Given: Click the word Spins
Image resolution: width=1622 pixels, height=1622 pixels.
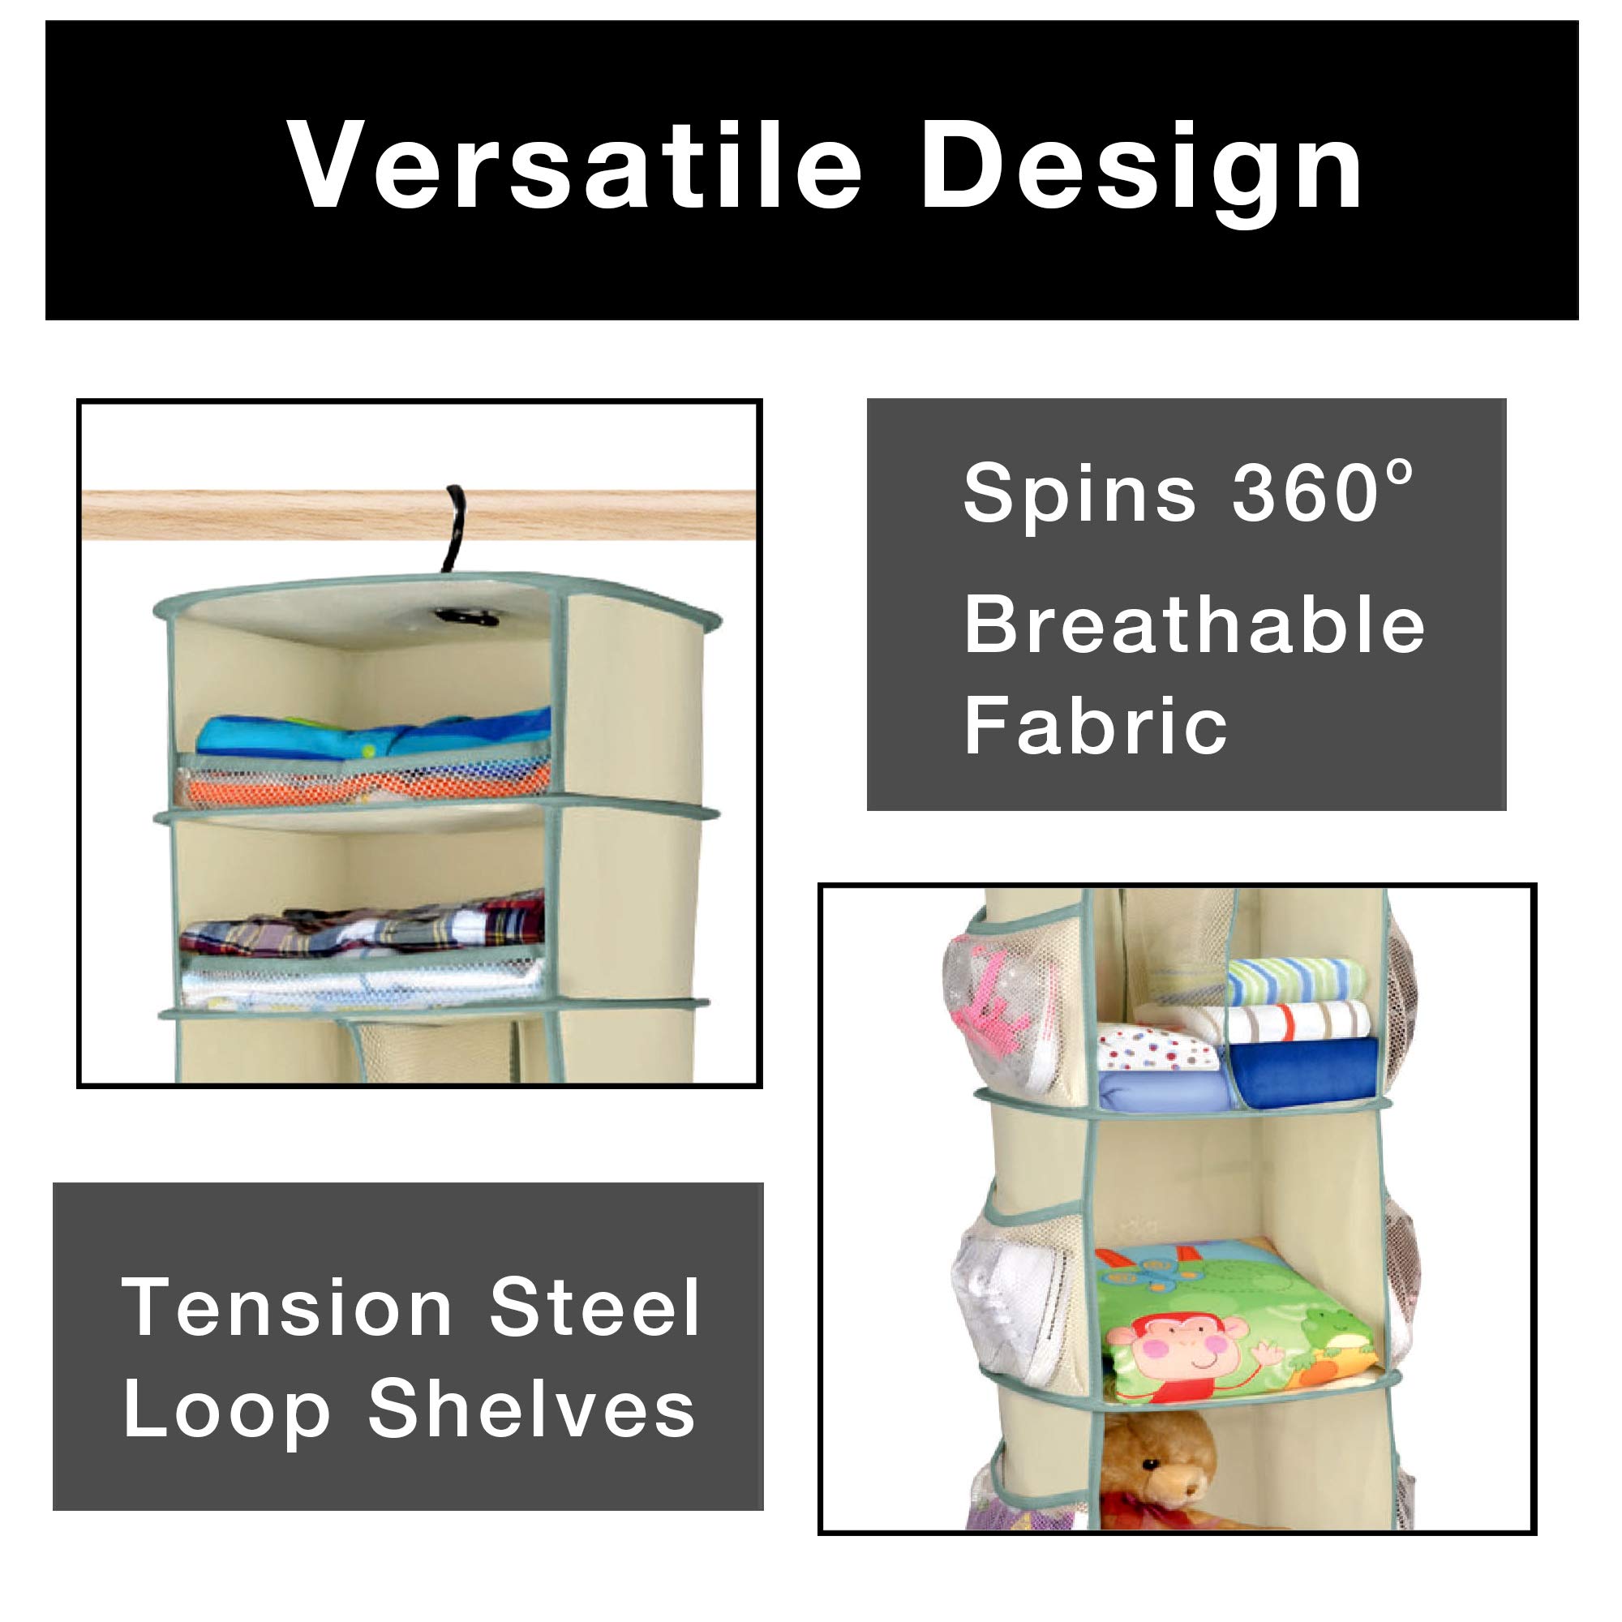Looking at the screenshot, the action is pos(1079,497).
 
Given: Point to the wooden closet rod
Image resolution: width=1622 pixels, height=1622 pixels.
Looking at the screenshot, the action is pos(420,515).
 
